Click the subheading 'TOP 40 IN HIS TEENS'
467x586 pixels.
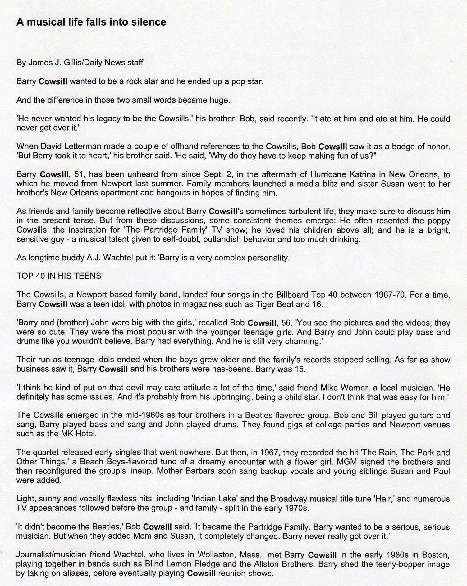point(59,276)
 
